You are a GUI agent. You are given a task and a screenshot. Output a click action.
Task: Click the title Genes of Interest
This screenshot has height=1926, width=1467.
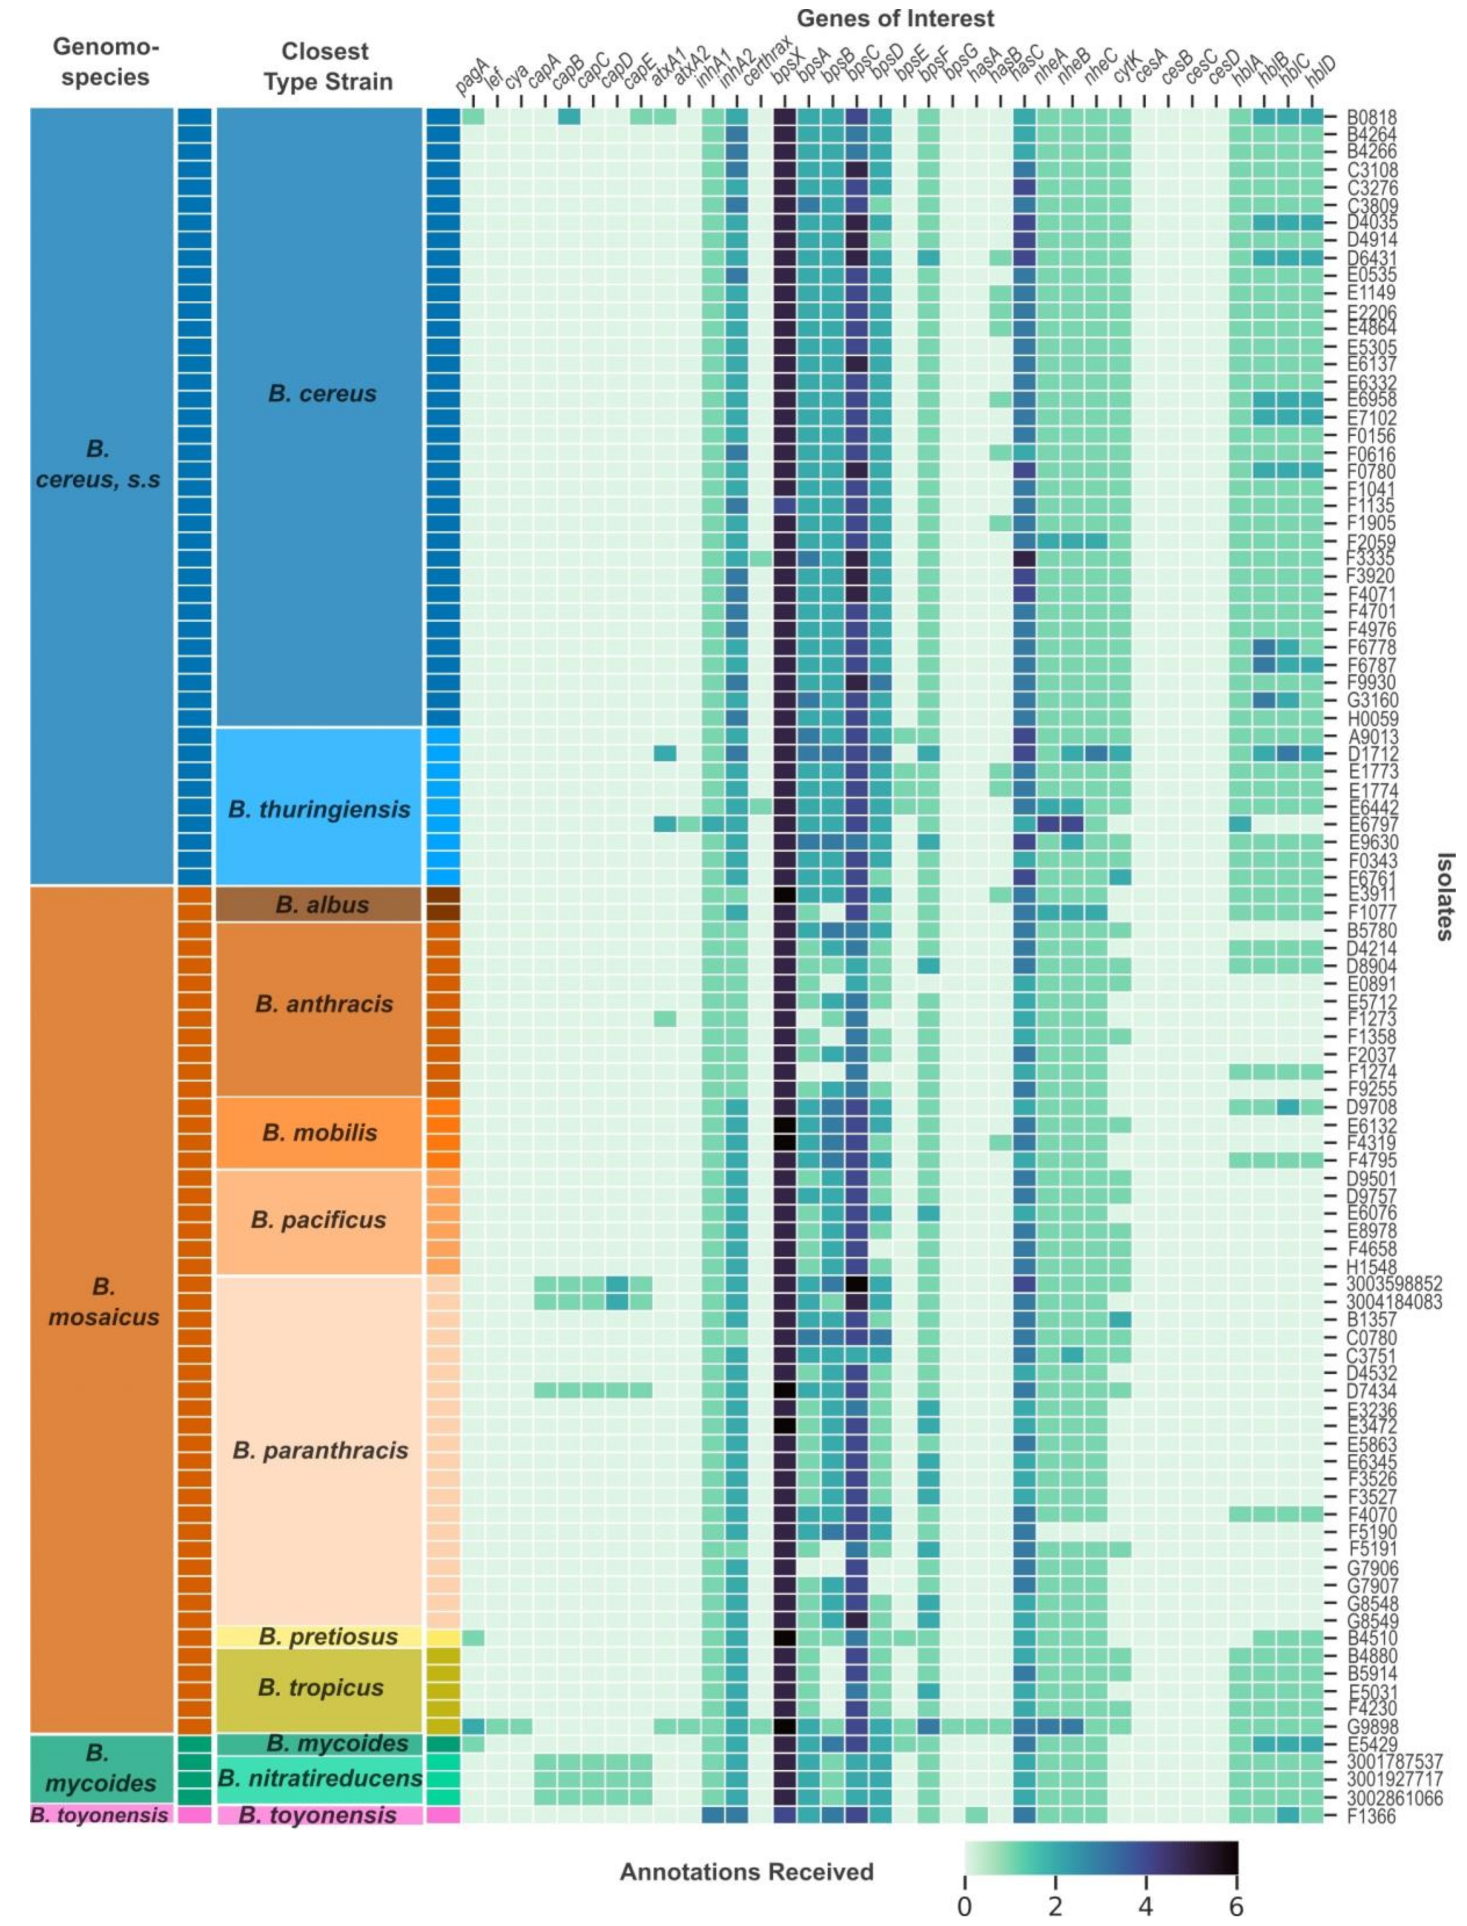pos(895,17)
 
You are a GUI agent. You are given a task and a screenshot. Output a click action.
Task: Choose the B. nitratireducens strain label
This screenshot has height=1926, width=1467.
pos(320,1778)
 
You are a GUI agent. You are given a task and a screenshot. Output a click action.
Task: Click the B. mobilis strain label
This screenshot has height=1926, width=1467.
pos(320,1133)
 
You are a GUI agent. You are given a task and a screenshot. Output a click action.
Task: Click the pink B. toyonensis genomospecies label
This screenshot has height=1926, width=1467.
pos(99,1815)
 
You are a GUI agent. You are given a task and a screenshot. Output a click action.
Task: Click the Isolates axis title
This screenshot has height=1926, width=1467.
pos(1445,896)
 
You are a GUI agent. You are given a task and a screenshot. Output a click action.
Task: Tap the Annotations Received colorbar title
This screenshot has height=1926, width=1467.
pos(746,1872)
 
